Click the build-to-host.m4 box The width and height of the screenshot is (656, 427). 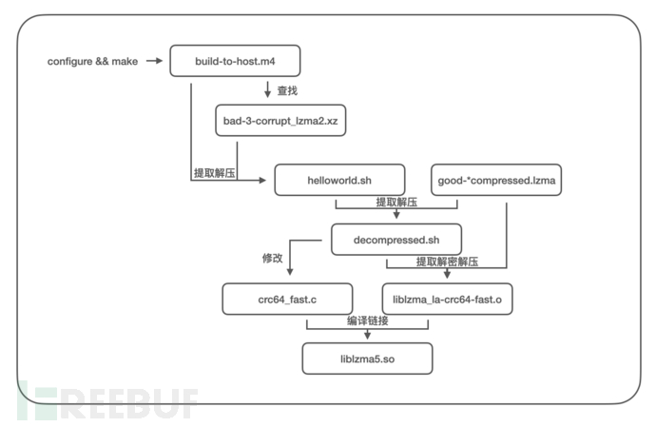[235, 62]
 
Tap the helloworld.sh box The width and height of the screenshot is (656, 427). [339, 179]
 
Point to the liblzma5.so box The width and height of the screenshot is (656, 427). [367, 358]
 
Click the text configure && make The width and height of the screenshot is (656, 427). [92, 62]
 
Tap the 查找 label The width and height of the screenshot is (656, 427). [288, 91]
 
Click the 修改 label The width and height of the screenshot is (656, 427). [272, 259]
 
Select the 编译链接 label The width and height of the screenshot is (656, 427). [367, 321]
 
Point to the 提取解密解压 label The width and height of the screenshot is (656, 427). [447, 262]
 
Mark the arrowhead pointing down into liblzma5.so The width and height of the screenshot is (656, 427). [367, 336]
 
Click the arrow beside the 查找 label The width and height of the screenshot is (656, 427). [268, 90]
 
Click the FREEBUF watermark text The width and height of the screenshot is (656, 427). [109, 399]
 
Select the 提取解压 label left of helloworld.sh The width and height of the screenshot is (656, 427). [215, 173]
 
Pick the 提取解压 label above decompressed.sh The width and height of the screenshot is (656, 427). [396, 203]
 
